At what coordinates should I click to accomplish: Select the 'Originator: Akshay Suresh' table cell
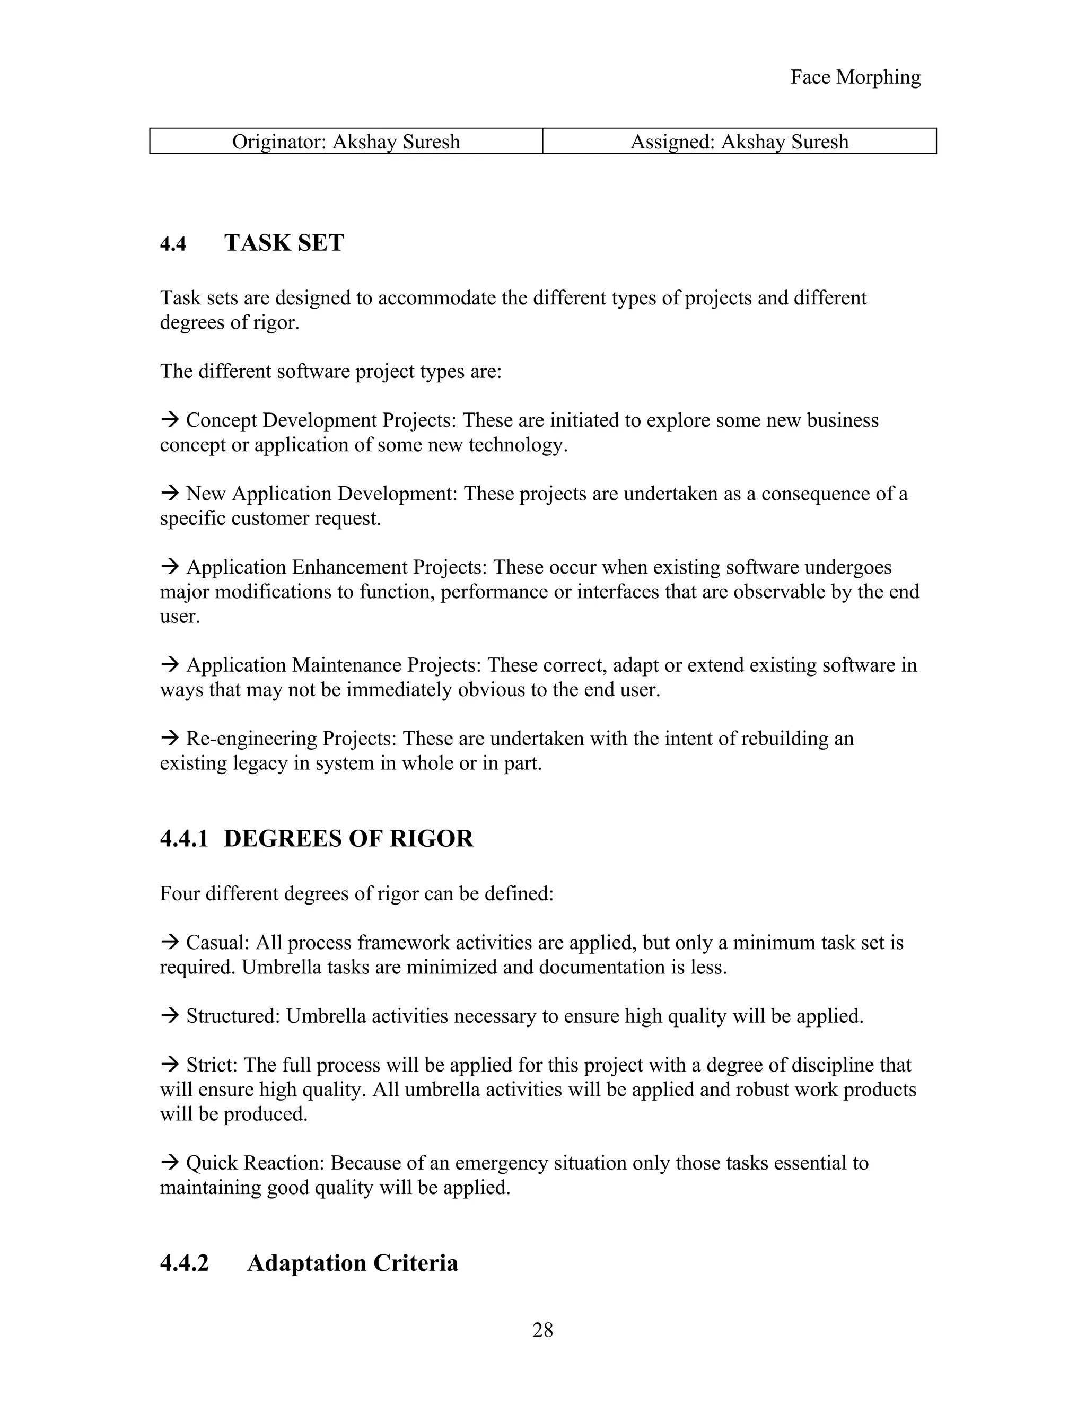coord(346,142)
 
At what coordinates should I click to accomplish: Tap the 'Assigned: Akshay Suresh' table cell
coord(739,142)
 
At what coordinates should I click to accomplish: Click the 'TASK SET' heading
coord(284,243)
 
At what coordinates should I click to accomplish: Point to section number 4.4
coord(172,244)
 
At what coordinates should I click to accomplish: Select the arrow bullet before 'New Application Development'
coord(170,494)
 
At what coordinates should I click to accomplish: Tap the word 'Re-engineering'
coord(251,739)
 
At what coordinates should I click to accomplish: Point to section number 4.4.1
coord(184,839)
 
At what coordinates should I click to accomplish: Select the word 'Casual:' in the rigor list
coord(217,943)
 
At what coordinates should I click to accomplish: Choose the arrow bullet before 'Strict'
coord(170,1065)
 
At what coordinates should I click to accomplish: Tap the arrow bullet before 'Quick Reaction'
coord(170,1163)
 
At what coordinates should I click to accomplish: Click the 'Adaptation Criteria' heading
coord(353,1263)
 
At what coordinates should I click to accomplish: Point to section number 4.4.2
coord(184,1263)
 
